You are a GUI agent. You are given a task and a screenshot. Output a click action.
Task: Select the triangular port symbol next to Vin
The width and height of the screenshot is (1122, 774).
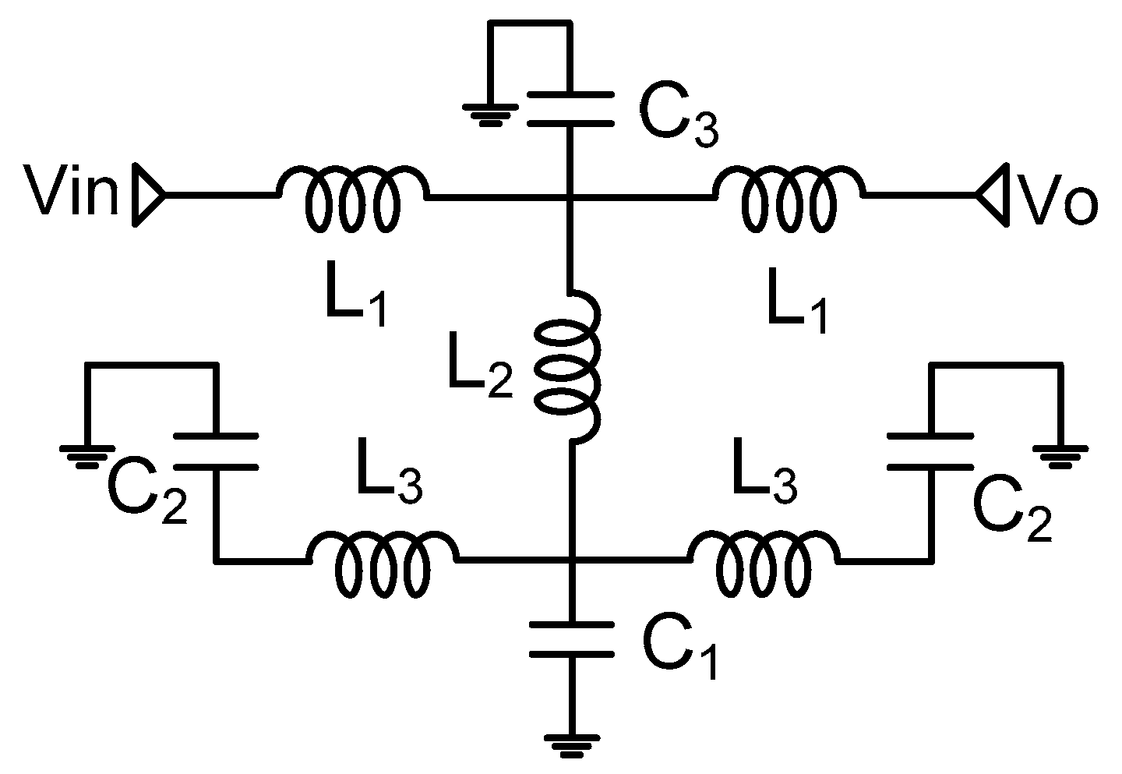pos(149,194)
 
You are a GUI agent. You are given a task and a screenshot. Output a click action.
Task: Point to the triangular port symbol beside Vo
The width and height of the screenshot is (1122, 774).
pos(992,193)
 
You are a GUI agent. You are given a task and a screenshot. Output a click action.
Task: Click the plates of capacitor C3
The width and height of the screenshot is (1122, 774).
pos(571,108)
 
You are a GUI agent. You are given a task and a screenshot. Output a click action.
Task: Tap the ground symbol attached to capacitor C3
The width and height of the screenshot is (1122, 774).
pos(490,114)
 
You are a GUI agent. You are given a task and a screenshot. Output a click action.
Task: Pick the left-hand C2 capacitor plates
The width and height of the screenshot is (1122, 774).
pos(216,451)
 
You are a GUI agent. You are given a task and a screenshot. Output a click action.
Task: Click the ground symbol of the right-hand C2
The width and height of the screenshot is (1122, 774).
pos(1060,456)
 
